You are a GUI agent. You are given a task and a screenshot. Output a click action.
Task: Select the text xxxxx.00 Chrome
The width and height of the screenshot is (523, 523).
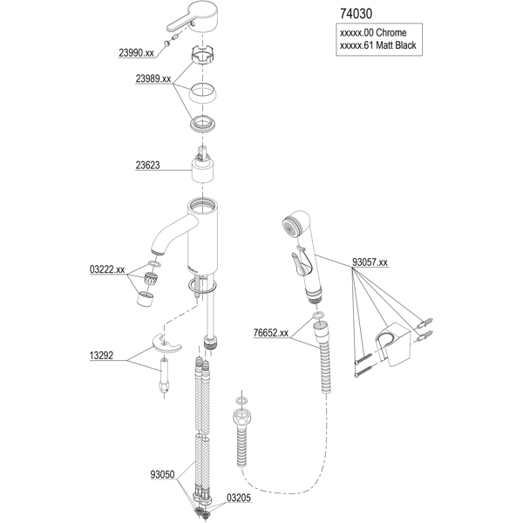point(370,34)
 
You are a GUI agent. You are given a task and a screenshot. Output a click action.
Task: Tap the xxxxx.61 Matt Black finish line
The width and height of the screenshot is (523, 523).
point(377,47)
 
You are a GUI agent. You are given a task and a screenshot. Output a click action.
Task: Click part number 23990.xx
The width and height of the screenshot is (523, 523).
point(136,52)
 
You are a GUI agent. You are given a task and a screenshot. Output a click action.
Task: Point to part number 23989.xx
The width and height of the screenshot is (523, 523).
point(153,78)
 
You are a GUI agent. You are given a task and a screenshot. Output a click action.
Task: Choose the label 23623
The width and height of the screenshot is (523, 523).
point(146,163)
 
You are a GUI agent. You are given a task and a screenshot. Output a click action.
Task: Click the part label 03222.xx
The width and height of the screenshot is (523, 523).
point(107,270)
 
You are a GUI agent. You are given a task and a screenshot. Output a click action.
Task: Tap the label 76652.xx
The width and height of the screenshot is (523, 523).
point(271,332)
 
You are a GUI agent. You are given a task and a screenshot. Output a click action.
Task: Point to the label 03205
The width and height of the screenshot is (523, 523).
point(238,499)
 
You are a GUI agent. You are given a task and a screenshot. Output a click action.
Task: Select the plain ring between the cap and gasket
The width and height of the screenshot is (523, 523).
point(204,93)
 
